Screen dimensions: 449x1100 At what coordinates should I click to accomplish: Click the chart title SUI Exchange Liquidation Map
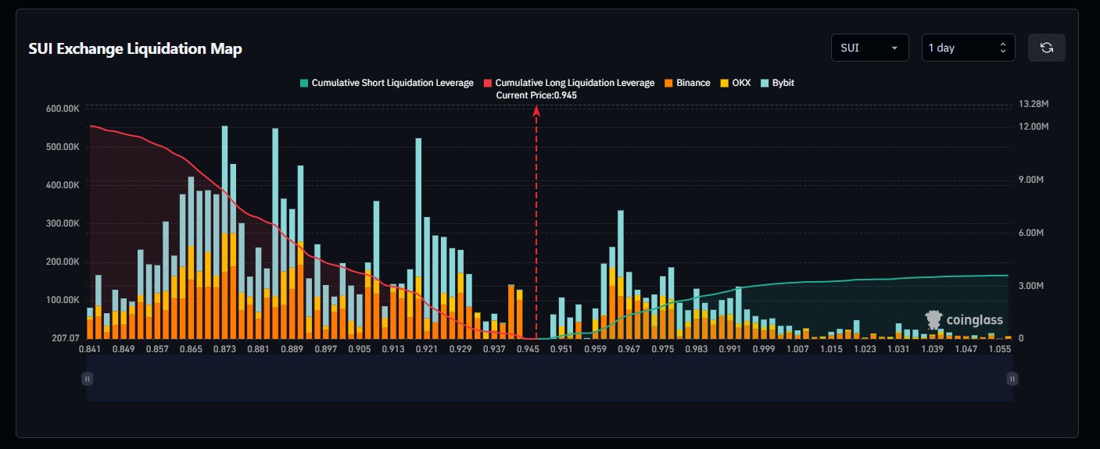tap(135, 48)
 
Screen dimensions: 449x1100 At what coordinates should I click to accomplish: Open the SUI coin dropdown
tap(869, 48)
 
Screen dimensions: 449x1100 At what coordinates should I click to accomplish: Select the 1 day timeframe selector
tap(968, 48)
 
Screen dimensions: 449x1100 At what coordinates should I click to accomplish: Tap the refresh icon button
tap(1046, 48)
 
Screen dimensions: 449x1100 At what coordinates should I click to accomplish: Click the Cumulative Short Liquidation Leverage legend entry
tap(386, 83)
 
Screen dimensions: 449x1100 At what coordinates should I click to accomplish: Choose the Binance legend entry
tap(687, 83)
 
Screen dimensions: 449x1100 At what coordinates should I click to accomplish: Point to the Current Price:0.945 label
tap(536, 95)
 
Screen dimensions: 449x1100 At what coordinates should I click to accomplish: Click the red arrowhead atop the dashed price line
tap(536, 111)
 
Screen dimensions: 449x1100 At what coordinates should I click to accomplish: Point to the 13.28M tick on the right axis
tap(1034, 105)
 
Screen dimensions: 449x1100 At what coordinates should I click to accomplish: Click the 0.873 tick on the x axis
tap(224, 349)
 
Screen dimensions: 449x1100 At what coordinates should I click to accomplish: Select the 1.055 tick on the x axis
tap(1000, 349)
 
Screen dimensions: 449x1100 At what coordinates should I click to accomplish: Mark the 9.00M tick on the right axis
tap(1034, 180)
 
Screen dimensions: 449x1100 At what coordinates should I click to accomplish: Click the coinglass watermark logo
tap(963, 319)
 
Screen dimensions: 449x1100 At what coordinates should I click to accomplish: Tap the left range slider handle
tap(88, 379)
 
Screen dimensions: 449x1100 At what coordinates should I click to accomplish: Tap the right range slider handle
tap(1012, 379)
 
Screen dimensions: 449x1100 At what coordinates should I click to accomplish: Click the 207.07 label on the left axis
tap(63, 338)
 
